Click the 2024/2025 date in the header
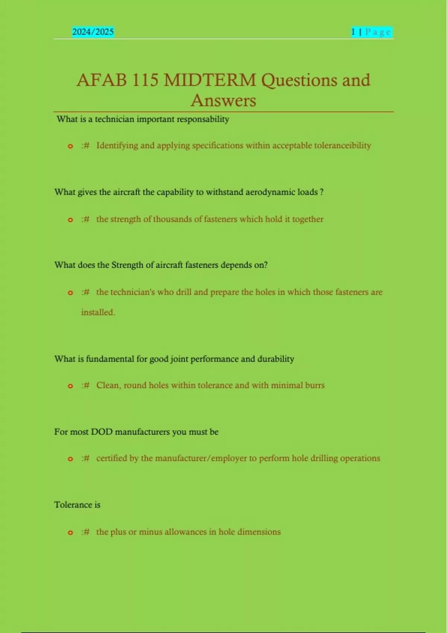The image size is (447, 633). [93, 32]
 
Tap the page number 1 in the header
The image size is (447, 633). [353, 32]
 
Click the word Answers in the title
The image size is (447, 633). [223, 101]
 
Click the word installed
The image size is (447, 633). [98, 312]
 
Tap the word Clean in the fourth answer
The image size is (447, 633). [108, 385]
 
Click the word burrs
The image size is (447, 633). [315, 385]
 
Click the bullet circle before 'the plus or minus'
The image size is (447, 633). [70, 533]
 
